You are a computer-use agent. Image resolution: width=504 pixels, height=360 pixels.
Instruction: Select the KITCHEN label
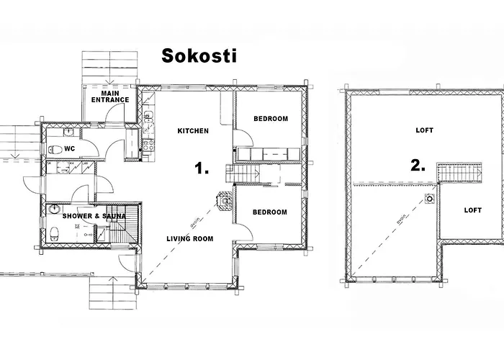click(193, 131)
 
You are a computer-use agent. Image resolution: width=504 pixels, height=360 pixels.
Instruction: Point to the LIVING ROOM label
click(189, 238)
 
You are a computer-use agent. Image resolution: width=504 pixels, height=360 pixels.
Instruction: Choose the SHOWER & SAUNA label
click(94, 216)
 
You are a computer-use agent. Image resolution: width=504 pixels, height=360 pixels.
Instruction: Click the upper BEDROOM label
click(270, 119)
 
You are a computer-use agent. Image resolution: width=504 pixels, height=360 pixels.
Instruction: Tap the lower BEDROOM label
click(270, 212)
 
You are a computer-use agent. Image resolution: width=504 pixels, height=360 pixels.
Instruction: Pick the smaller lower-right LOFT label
click(473, 210)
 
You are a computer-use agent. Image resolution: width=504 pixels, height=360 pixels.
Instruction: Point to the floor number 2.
click(418, 165)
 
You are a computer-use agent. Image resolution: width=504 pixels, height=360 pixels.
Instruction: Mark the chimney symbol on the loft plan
click(430, 198)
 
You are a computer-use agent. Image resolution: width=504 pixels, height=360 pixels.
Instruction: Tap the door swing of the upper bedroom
click(243, 138)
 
